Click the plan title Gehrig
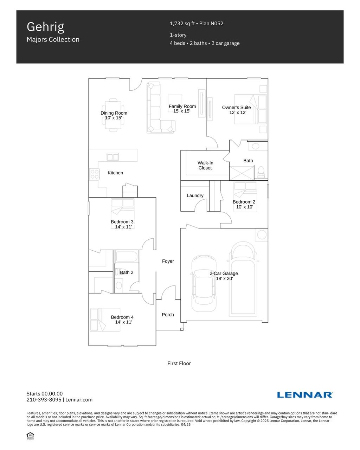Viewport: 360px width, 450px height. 45,27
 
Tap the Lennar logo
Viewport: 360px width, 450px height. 304,395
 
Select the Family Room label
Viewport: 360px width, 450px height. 182,106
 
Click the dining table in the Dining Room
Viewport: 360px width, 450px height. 113,115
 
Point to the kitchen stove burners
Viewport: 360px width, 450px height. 94,174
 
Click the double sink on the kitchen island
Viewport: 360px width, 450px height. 112,157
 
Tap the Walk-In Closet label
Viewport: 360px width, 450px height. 205,165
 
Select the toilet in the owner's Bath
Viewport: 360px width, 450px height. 261,172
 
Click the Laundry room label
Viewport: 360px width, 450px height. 195,195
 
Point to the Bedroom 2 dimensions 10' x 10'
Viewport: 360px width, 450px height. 245,207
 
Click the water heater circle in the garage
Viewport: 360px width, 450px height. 262,234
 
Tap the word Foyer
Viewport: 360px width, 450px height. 168,261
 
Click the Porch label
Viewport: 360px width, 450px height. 168,315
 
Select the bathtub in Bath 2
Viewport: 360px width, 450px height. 126,256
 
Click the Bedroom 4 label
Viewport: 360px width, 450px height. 122,317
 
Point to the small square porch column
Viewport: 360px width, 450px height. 182,329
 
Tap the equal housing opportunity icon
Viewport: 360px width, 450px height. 30,436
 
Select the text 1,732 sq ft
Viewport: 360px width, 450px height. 182,24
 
